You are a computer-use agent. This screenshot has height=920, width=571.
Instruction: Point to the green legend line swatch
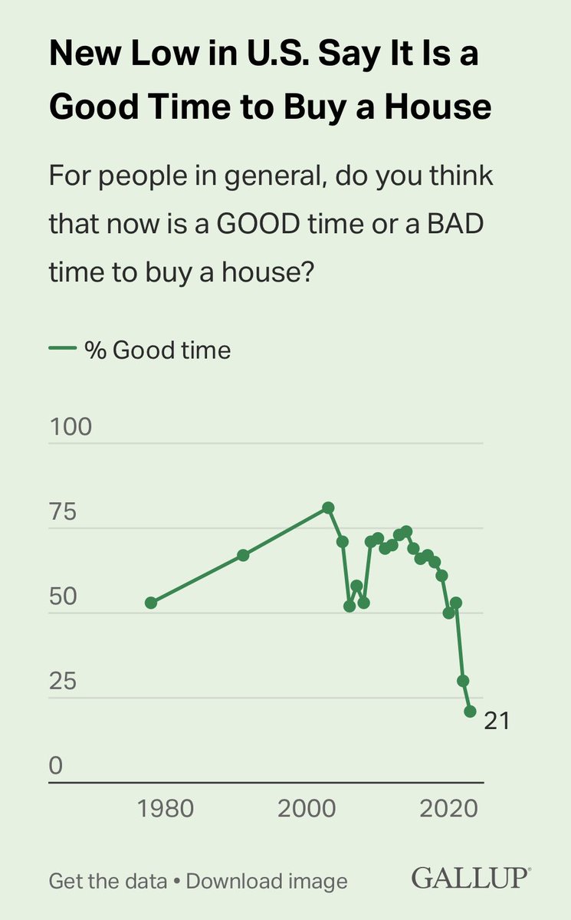(x=63, y=350)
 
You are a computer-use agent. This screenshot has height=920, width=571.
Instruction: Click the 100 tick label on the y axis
(x=71, y=427)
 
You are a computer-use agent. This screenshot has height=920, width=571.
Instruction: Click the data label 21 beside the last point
(x=497, y=721)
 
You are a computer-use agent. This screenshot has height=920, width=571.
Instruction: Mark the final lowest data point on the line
(x=470, y=711)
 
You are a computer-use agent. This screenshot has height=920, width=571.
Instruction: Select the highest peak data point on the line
(x=328, y=508)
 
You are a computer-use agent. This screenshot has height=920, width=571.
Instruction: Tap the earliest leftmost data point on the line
(x=151, y=603)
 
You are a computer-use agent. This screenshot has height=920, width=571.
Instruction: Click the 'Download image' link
(x=267, y=881)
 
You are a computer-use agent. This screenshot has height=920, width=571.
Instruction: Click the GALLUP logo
(x=471, y=878)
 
